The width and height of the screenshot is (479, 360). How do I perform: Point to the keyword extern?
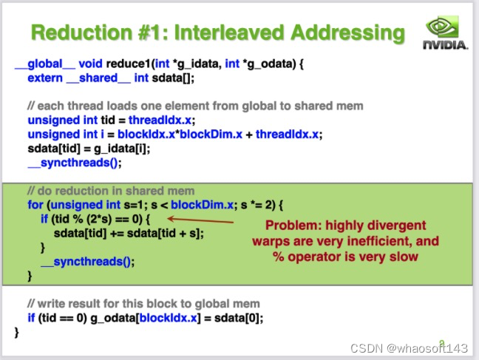pyautogui.click(x=45, y=77)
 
